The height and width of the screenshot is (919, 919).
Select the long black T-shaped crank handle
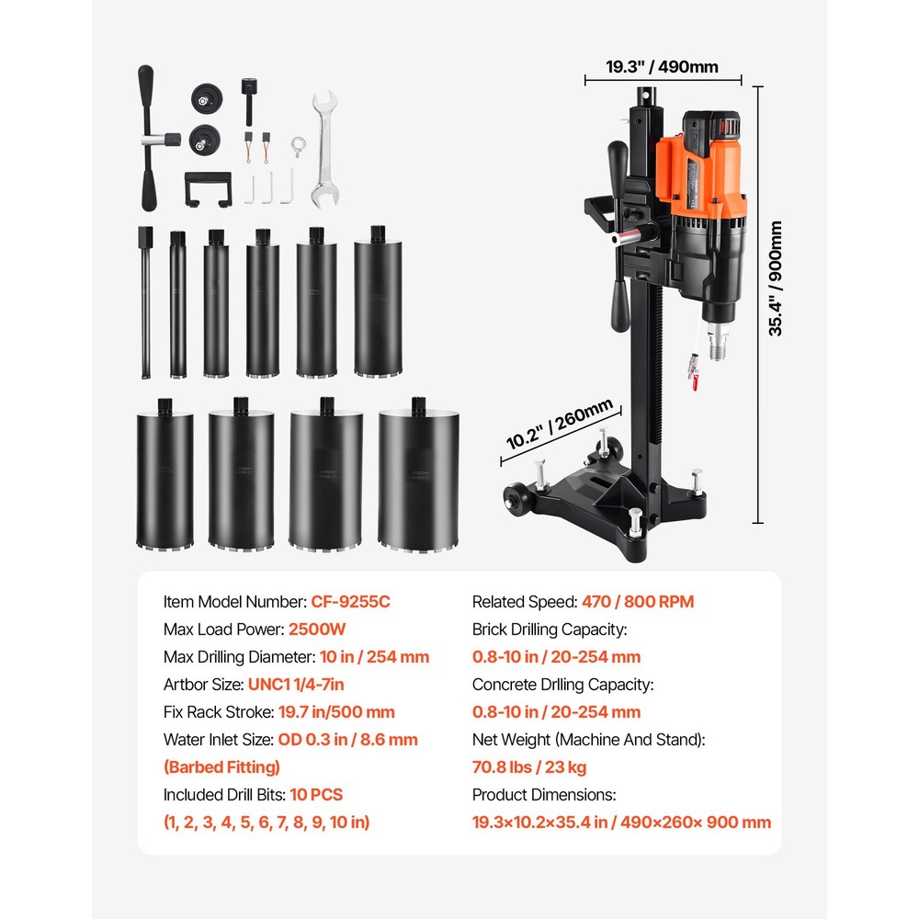click(148, 138)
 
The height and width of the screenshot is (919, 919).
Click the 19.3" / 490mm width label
click(662, 66)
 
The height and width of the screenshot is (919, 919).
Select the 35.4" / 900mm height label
click(776, 278)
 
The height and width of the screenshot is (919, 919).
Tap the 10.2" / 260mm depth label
click(559, 426)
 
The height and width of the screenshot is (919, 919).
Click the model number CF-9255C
click(351, 602)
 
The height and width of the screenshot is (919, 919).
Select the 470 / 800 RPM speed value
click(638, 602)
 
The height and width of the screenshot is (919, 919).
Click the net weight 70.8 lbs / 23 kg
click(529, 767)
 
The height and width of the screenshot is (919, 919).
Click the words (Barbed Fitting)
click(221, 767)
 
